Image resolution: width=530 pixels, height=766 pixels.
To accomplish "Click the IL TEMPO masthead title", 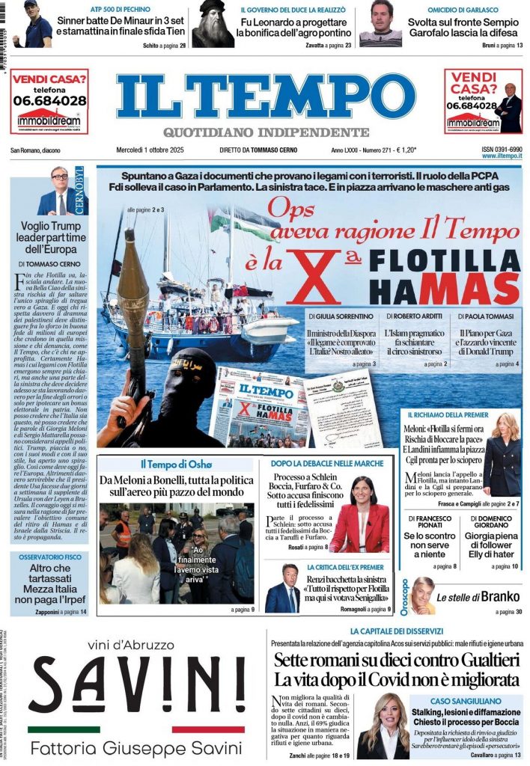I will point(265,97).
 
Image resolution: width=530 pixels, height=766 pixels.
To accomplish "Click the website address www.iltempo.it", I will point(502,156).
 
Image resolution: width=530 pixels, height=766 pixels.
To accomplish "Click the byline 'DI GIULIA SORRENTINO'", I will point(342,316).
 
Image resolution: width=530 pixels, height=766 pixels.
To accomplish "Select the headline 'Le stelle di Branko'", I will point(473,597).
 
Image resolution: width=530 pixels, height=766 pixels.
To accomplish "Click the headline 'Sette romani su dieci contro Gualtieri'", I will point(396,661).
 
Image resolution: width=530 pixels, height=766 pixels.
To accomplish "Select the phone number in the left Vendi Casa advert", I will point(49,99).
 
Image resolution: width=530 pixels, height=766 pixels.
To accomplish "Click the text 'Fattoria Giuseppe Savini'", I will point(136,748).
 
